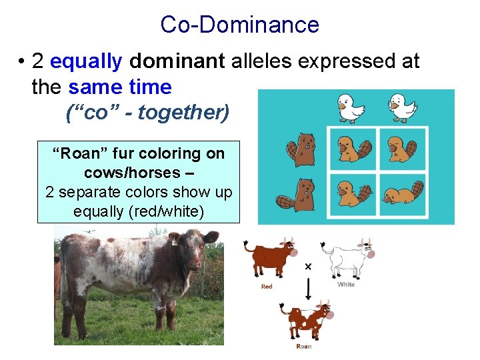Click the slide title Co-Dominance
tap(239, 25)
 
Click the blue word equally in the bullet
tap(86, 61)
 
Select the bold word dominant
tap(177, 61)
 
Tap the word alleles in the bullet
tap(262, 61)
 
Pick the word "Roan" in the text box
tap(76, 153)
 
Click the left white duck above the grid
tap(351, 107)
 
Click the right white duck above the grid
tap(402, 107)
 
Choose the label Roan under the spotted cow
tap(304, 346)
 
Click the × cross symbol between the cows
tap(308, 266)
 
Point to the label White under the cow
tap(346, 285)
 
